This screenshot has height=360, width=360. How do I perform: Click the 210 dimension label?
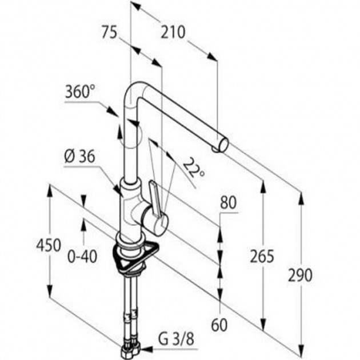click(173, 32)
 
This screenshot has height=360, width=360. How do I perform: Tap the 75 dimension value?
click(109, 32)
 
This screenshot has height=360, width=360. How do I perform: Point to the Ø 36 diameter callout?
click(79, 157)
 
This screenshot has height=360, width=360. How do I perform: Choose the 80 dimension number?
click(228, 202)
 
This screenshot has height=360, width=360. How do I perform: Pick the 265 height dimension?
click(262, 256)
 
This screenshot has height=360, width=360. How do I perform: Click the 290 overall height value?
click(300, 275)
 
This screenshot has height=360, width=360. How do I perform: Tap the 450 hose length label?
click(49, 245)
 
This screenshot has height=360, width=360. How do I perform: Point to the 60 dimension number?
click(219, 325)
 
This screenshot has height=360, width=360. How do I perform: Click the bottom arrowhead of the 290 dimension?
click(301, 350)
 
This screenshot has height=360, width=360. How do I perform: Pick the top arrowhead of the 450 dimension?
click(50, 190)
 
